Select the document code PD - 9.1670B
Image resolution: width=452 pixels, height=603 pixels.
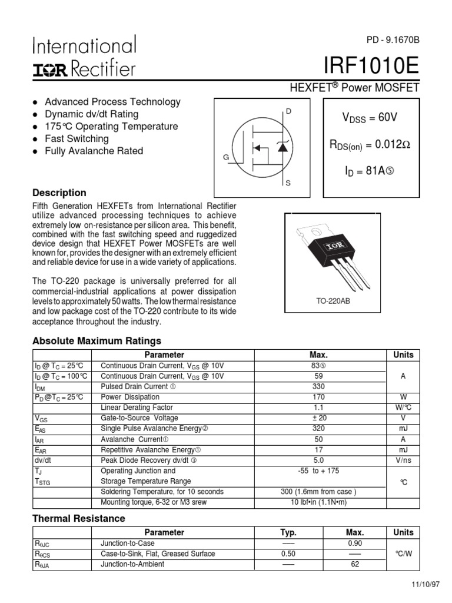(393, 40)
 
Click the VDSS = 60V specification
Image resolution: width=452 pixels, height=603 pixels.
(370, 118)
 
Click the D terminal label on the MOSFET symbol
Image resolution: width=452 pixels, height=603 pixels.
(288, 111)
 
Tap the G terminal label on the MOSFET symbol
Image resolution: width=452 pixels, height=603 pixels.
(225, 158)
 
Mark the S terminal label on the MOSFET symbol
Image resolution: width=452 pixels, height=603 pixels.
(288, 183)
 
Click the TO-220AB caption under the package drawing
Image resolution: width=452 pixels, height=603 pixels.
(333, 301)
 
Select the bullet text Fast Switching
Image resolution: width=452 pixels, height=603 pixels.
(77, 138)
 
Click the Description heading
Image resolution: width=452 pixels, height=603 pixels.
(59, 193)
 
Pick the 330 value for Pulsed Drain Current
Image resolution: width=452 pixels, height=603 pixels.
(318, 386)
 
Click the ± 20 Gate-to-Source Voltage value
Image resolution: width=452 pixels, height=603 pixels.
(318, 418)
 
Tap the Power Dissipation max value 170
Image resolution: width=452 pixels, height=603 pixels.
(318, 397)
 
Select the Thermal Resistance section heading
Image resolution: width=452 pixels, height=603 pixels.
(78, 518)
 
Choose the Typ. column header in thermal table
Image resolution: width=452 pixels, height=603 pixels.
(288, 532)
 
